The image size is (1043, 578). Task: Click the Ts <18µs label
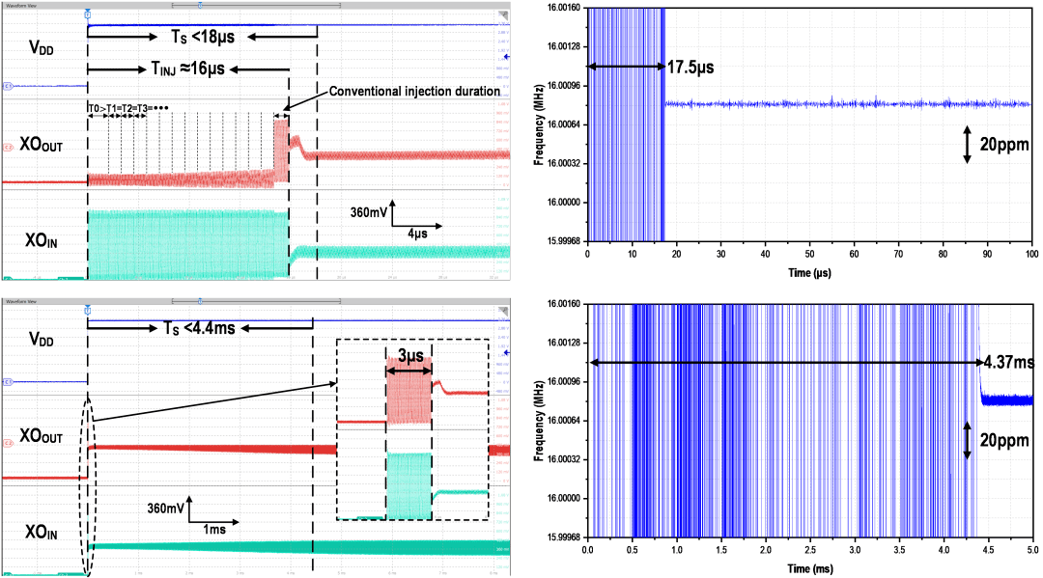click(201, 37)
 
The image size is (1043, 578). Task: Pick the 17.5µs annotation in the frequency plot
click(691, 67)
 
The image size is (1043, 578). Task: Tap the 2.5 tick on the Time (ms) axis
click(809, 549)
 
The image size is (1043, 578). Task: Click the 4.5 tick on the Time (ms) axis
click(987, 549)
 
